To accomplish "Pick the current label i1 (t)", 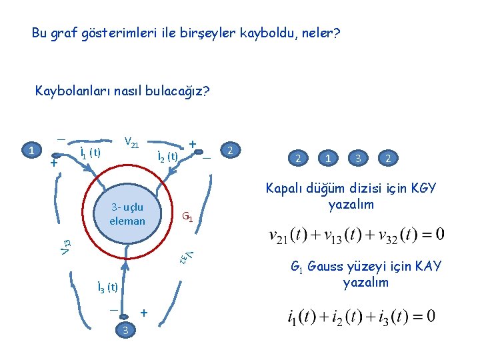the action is pos(89,151).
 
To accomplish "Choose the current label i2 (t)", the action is pos(166,157).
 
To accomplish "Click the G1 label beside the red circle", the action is pos(189,217).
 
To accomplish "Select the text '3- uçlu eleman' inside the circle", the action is pos(127,213).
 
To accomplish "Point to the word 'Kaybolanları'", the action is pos(73,90).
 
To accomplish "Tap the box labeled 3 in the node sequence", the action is pos(359,159).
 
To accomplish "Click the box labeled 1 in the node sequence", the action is pos(329,159).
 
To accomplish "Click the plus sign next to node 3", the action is pos(143,312).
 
